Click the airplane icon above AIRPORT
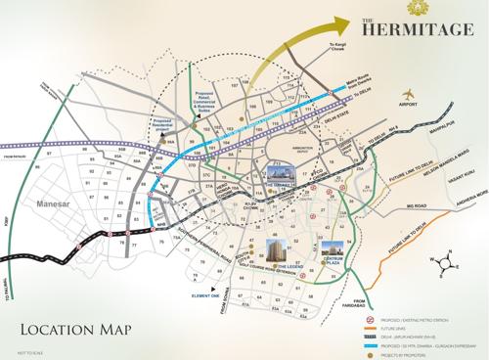[408, 93]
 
